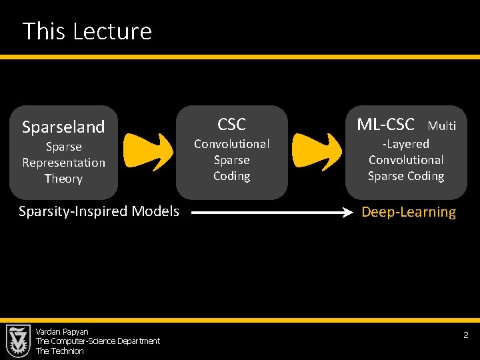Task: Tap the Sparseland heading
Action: [63, 127]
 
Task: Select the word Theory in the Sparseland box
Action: [63, 179]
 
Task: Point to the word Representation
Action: [63, 163]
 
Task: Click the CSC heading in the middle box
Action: [231, 124]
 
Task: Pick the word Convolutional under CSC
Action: [231, 144]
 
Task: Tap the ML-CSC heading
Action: [385, 124]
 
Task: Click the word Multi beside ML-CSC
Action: [441, 125]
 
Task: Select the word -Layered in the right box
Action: [405, 144]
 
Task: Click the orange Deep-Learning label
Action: [409, 213]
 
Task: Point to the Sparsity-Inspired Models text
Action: [99, 211]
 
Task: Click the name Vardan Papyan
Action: [62, 331]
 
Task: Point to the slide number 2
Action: [466, 335]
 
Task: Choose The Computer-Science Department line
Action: [97, 341]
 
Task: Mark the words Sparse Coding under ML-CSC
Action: [405, 176]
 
